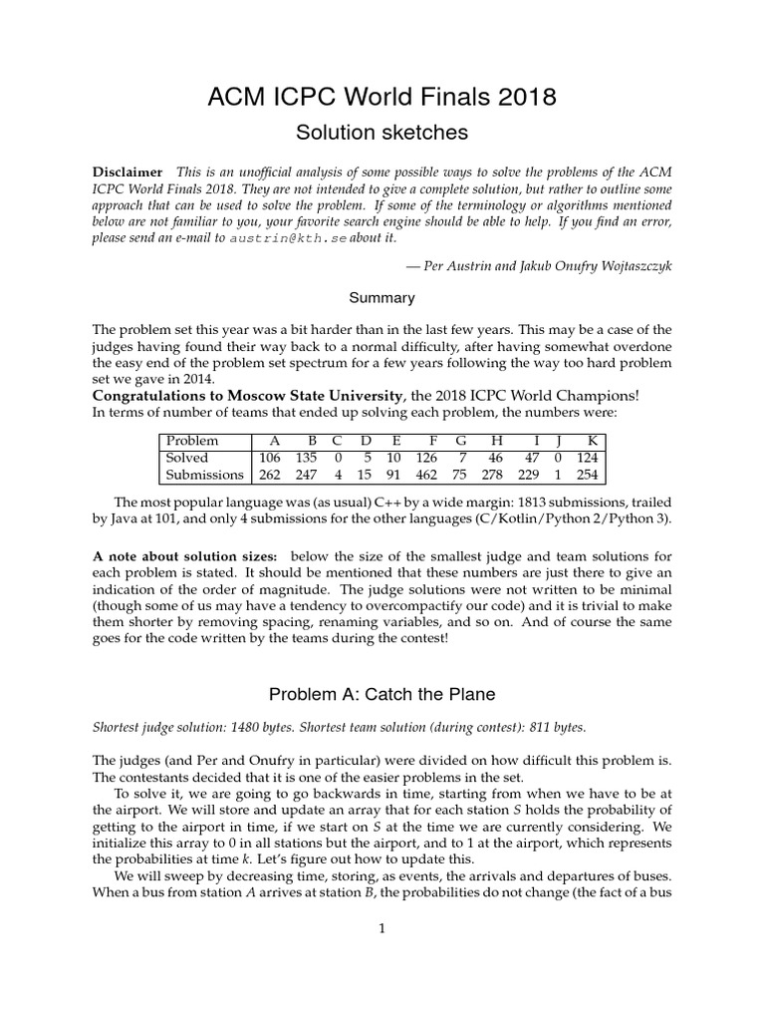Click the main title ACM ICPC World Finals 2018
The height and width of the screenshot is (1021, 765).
coord(382,97)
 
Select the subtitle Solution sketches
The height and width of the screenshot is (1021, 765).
coord(382,132)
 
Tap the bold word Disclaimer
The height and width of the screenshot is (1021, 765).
coord(127,171)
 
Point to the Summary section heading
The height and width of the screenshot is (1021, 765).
coord(382,297)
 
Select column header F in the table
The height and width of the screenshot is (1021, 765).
coord(432,440)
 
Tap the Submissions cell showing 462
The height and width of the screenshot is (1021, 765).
coord(425,476)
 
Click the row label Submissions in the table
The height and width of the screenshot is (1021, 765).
coord(204,476)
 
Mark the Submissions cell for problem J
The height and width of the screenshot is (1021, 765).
coord(559,476)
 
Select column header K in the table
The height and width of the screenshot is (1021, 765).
coord(593,440)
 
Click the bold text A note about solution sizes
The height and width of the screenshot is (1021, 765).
coord(184,554)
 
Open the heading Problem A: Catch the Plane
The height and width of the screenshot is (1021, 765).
coord(382,694)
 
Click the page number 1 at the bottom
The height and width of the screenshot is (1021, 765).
coord(382,929)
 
